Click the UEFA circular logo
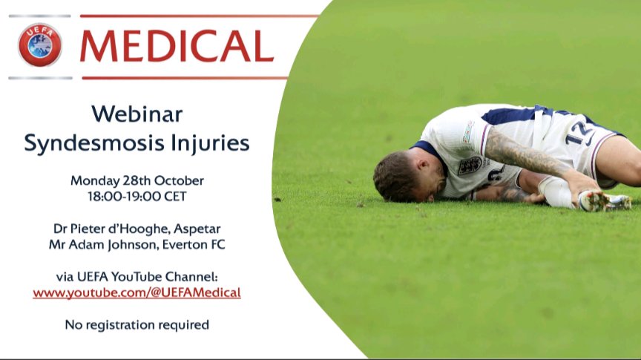click(40, 45)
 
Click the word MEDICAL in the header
click(177, 46)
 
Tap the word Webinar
click(137, 114)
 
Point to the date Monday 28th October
click(137, 180)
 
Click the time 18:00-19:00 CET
click(137, 197)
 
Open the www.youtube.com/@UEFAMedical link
click(137, 292)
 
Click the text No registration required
click(137, 324)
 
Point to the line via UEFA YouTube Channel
click(137, 277)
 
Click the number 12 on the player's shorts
click(579, 134)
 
